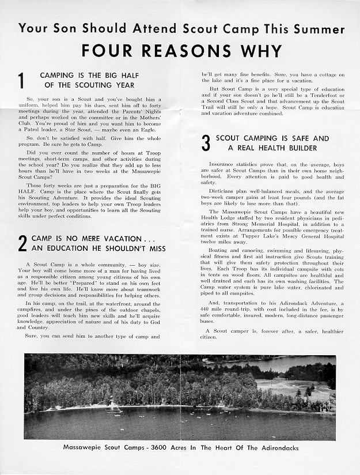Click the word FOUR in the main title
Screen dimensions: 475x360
click(107, 51)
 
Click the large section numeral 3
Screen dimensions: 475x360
click(206, 144)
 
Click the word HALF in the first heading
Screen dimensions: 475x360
click(127, 76)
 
